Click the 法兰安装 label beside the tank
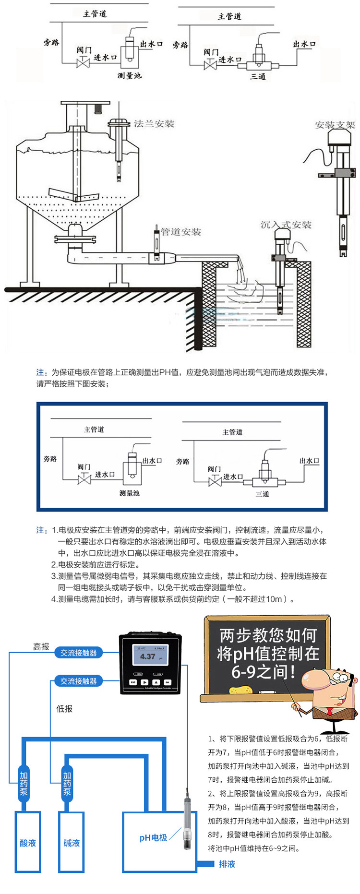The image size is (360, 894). [x=154, y=124]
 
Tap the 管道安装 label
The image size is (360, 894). [x=180, y=232]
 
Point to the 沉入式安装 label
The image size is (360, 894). [x=286, y=225]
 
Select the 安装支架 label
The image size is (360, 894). [x=335, y=125]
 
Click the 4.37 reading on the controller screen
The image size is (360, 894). [x=147, y=656]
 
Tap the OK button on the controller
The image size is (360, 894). [x=168, y=682]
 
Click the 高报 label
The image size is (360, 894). [x=41, y=646]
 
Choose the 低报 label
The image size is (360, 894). [x=64, y=709]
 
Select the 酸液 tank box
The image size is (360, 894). [x=28, y=843]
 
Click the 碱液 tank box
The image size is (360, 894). [x=72, y=843]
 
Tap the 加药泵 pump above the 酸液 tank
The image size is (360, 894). [x=24, y=783]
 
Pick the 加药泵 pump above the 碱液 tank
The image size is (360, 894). [x=67, y=783]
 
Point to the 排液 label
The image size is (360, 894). [x=227, y=864]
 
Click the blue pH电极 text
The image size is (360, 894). [x=153, y=837]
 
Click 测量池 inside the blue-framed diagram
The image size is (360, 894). [x=129, y=493]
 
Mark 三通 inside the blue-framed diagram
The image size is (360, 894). [x=262, y=494]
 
